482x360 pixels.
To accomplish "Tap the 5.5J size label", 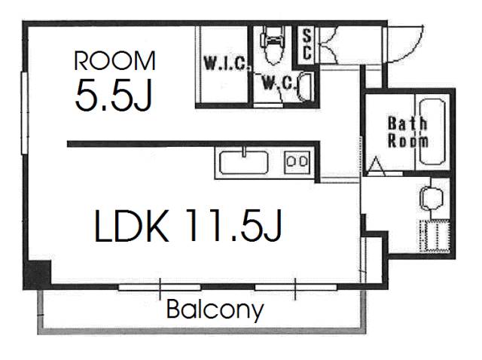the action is point(114,95).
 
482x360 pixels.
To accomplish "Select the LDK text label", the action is point(133,226).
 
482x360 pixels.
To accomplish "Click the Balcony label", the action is point(215,310).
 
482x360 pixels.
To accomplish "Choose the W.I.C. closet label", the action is point(226,63).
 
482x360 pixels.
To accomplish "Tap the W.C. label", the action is point(278,82).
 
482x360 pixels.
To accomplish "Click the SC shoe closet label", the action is point(307,45).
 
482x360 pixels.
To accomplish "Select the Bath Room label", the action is point(408,133).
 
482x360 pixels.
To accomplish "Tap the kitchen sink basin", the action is point(244,163).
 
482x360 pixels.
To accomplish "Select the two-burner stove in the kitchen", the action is point(297,162).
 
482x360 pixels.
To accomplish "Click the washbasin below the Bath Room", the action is point(431,196).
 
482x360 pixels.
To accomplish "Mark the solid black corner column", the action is point(37,275).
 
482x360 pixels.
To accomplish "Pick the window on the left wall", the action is point(25,112).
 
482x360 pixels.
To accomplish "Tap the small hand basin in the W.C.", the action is point(304,87).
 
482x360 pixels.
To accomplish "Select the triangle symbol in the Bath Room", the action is point(377,166).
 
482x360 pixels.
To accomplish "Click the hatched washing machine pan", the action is point(435,236).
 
